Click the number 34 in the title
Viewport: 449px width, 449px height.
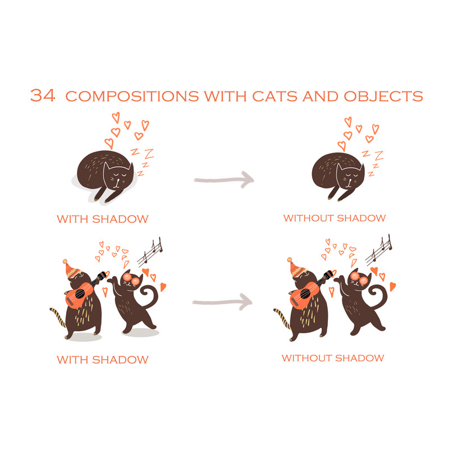43,95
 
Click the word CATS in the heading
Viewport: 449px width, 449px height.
274,96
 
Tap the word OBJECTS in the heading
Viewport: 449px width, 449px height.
383,96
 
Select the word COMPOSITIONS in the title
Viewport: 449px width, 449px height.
132,96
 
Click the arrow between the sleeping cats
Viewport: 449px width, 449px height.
224,180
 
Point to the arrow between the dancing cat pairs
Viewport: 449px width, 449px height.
222,302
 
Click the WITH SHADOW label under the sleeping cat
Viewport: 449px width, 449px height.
103,219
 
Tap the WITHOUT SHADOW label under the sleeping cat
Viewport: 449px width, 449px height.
335,218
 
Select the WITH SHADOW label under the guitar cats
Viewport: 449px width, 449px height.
103,360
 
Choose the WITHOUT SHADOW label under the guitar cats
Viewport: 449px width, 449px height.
333,358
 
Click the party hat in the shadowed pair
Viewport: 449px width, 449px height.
71,269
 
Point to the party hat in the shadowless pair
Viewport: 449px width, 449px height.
296,268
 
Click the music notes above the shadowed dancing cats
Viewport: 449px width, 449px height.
150,251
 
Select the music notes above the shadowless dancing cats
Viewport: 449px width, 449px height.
378,250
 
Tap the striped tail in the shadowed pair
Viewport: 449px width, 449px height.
58,317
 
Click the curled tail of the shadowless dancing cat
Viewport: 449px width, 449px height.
378,298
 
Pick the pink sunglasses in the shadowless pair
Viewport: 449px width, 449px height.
359,278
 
